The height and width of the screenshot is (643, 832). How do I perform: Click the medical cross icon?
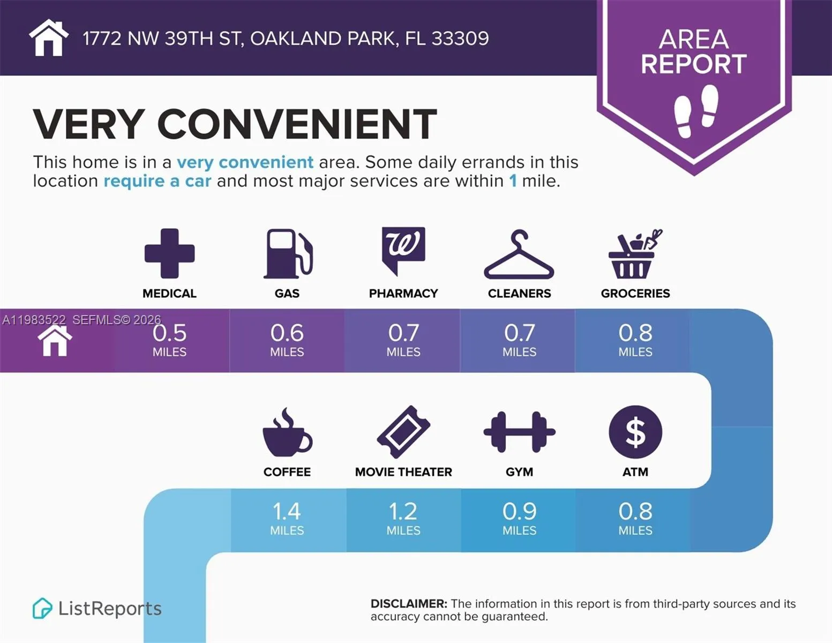pyautogui.click(x=169, y=253)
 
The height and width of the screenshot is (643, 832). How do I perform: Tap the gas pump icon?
pyautogui.click(x=288, y=253)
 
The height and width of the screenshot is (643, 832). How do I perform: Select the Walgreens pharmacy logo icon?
pyautogui.click(x=403, y=250)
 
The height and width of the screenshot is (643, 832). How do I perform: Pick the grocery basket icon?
pyautogui.click(x=635, y=254)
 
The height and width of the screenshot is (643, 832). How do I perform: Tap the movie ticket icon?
pyautogui.click(x=403, y=432)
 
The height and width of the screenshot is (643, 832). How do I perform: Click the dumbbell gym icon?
pyautogui.click(x=519, y=432)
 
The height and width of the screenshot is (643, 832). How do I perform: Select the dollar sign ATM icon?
pyautogui.click(x=635, y=432)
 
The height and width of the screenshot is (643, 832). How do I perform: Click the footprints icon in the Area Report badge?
pyautogui.click(x=695, y=111)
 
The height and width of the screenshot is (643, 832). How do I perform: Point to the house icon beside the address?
pyautogui.click(x=49, y=38)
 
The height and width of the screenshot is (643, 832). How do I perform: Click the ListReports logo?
pyautogui.click(x=97, y=609)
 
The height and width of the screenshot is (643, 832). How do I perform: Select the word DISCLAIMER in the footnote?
pyautogui.click(x=408, y=604)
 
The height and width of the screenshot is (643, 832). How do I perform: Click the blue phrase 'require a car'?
pyautogui.click(x=157, y=181)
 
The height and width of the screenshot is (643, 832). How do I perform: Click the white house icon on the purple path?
pyautogui.click(x=55, y=341)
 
